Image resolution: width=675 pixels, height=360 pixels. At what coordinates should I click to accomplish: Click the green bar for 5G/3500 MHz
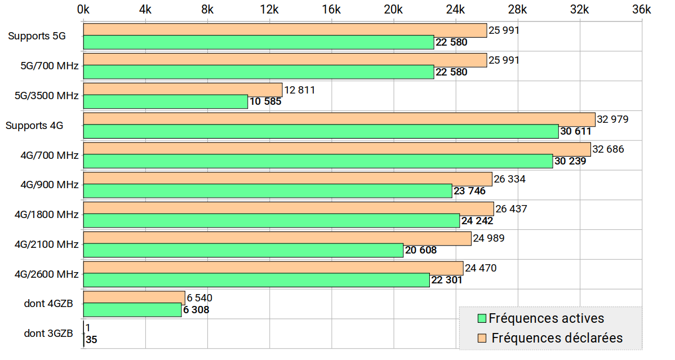click(166, 102)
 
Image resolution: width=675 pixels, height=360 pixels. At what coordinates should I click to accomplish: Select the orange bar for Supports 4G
click(339, 119)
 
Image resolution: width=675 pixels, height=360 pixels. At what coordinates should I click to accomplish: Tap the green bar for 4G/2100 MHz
click(243, 251)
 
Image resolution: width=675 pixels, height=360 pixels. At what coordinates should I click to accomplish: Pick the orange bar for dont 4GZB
click(134, 298)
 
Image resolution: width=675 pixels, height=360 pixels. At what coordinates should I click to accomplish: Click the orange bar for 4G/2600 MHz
click(273, 268)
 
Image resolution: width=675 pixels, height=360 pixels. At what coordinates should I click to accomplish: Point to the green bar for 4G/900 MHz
click(268, 191)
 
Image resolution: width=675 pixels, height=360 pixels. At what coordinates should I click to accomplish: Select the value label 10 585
click(265, 102)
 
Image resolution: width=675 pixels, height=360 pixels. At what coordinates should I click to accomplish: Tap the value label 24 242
click(477, 221)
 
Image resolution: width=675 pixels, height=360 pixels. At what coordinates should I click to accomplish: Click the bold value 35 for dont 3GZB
click(91, 340)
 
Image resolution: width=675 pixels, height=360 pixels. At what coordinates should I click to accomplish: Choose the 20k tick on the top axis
click(393, 10)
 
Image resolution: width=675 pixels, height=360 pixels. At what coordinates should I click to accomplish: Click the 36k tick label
click(641, 10)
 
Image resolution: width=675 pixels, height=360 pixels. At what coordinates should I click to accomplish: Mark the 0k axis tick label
click(83, 10)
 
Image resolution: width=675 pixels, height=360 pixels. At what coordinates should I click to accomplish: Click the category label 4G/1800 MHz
click(46, 215)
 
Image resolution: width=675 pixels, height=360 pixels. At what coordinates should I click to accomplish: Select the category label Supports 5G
click(37, 36)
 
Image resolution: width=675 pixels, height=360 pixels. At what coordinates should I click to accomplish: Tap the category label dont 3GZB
click(48, 334)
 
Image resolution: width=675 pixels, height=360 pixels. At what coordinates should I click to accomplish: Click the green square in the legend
click(482, 319)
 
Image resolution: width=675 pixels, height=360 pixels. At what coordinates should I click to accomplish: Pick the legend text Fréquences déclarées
click(557, 338)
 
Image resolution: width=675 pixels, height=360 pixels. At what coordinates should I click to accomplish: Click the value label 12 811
click(300, 90)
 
